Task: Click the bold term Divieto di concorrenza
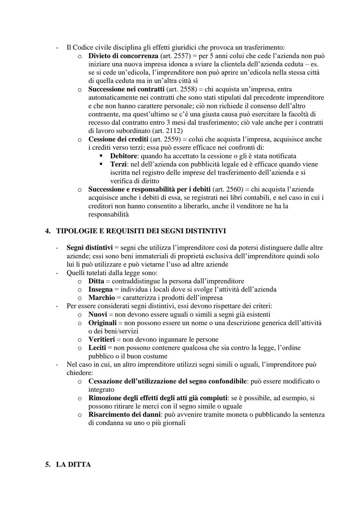(123, 56)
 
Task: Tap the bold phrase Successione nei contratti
(126, 89)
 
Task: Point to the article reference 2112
(173, 131)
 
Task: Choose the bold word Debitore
(124, 156)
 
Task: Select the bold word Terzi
(118, 164)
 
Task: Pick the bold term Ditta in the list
(96, 281)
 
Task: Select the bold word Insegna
(100, 289)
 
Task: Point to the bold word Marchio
(101, 298)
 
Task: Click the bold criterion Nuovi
(97, 314)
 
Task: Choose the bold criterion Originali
(102, 323)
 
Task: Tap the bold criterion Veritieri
(101, 339)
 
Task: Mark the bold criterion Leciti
(97, 348)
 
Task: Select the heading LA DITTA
(73, 465)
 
